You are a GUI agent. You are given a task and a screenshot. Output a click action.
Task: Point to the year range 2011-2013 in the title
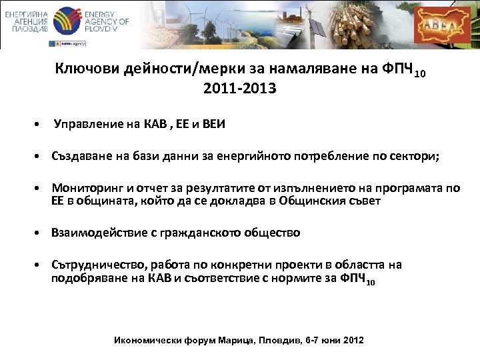click(x=240, y=87)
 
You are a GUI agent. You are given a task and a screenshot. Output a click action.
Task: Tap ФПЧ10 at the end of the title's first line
click(x=404, y=70)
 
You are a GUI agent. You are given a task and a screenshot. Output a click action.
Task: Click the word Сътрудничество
click(x=95, y=265)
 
